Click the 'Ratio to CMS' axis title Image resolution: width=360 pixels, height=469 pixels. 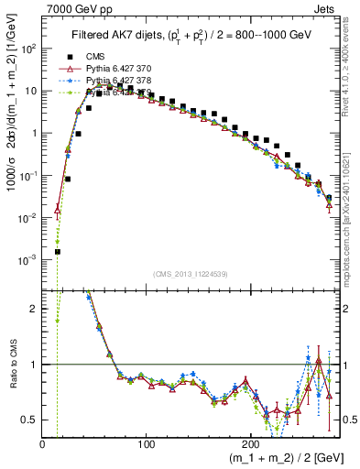[x=10, y=365]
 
